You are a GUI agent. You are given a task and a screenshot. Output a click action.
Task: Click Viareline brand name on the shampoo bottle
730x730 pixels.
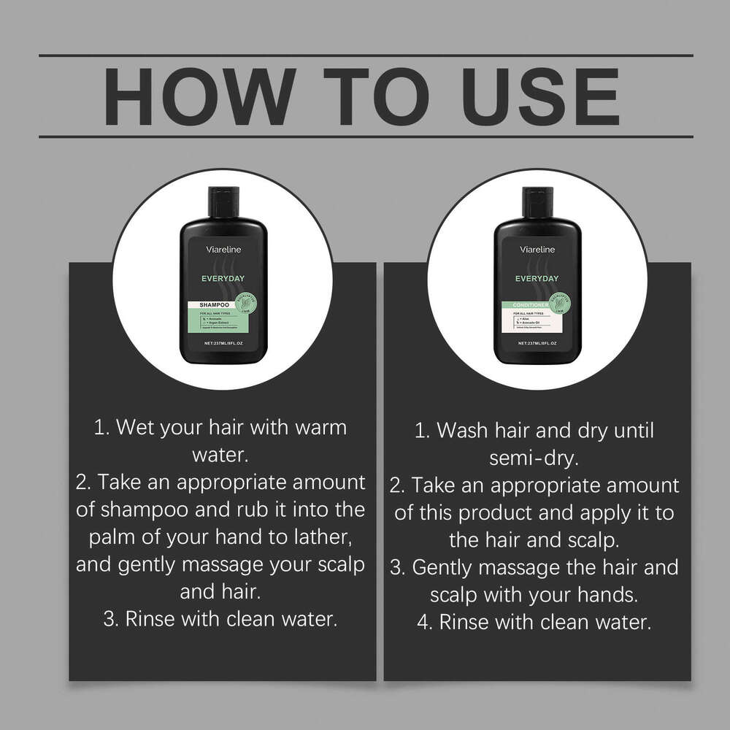(223, 250)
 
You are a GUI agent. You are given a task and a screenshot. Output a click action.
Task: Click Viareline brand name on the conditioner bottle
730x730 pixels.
(538, 250)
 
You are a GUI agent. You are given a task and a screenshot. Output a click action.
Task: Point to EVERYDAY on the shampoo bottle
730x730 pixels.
(223, 278)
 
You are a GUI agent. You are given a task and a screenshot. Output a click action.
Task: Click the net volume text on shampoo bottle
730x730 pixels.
(223, 342)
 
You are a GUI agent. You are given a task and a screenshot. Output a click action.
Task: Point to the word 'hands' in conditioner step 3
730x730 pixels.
(605, 595)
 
